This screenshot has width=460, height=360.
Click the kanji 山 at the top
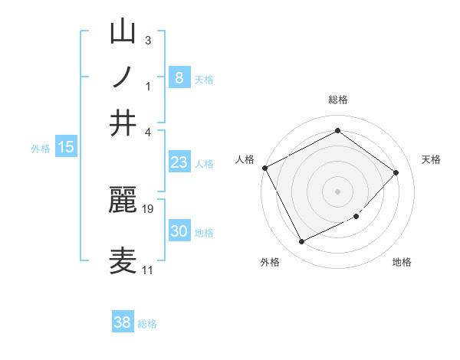(124, 32)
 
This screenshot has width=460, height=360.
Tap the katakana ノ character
(124, 77)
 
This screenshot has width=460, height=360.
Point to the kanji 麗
(124, 201)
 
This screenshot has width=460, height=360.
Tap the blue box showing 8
(179, 77)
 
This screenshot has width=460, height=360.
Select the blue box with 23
(179, 162)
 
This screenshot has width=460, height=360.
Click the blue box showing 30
(179, 231)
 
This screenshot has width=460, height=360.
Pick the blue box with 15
(65, 147)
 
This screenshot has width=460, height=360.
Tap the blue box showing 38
(123, 322)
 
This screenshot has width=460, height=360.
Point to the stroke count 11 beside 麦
(147, 270)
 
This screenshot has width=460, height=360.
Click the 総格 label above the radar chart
(337, 100)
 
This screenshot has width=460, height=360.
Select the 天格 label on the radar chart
(431, 159)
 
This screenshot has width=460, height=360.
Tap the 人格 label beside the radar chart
(245, 159)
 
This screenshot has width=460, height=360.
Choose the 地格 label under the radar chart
(402, 262)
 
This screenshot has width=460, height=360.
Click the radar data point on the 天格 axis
(396, 172)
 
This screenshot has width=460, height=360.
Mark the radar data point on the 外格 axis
(301, 242)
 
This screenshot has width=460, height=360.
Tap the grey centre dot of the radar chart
(337, 191)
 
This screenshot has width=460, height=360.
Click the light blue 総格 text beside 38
(147, 324)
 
